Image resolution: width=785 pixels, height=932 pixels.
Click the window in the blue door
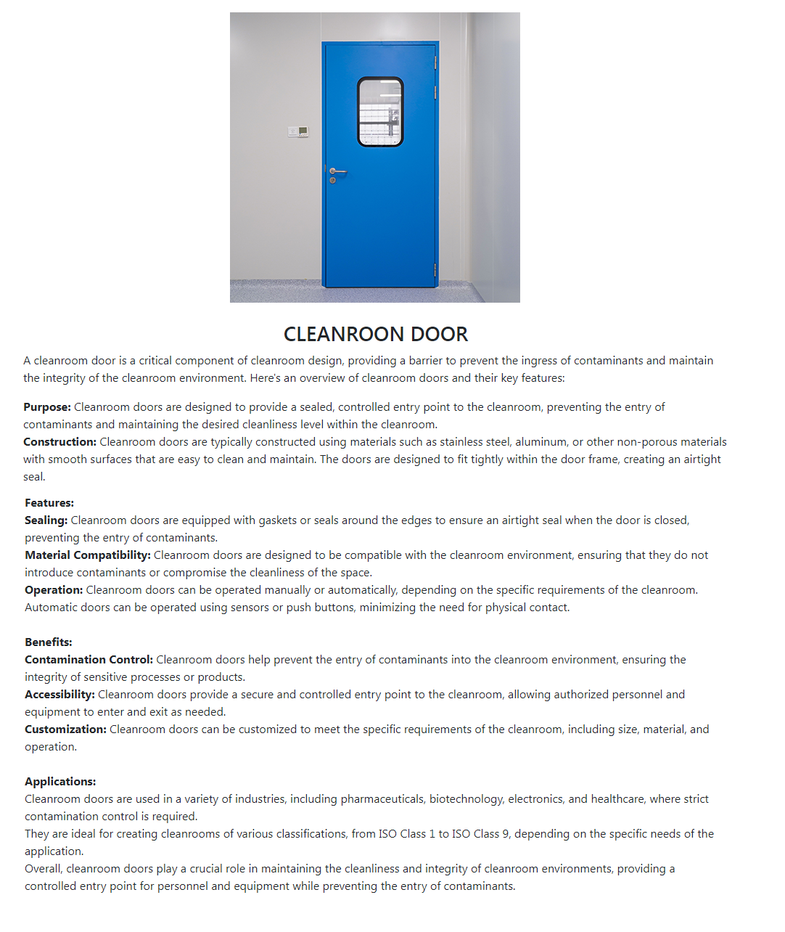pyautogui.click(x=380, y=112)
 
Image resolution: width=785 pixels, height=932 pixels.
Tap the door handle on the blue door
pyautogui.click(x=337, y=171)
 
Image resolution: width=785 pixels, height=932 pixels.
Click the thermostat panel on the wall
pyautogui.click(x=298, y=131)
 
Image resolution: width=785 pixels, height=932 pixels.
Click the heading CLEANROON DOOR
pyautogui.click(x=376, y=334)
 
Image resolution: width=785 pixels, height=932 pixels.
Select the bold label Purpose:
pyautogui.click(x=47, y=407)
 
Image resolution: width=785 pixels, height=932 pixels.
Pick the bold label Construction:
pyautogui.click(x=59, y=442)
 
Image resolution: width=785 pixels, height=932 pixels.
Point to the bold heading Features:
pyautogui.click(x=49, y=503)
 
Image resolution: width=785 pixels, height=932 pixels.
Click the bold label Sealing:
pyautogui.click(x=46, y=520)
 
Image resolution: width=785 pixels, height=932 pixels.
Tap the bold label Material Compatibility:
pyautogui.click(x=88, y=555)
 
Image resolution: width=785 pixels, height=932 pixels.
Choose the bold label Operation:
pyautogui.click(x=54, y=590)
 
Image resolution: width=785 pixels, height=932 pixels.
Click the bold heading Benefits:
pyautogui.click(x=49, y=642)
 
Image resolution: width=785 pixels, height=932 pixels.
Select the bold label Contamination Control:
pyautogui.click(x=89, y=660)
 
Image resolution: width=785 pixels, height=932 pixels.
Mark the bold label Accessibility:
pyautogui.click(x=59, y=695)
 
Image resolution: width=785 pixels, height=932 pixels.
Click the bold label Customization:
pyautogui.click(x=65, y=729)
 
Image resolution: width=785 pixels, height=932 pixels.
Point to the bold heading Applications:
pyautogui.click(x=60, y=782)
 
